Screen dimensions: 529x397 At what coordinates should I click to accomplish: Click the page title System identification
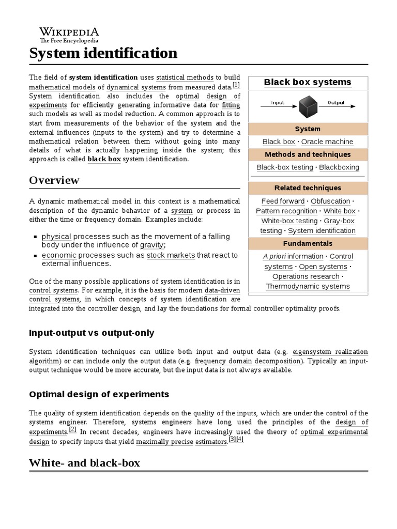pos(103,53)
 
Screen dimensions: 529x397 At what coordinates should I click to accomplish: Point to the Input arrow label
pos(278,102)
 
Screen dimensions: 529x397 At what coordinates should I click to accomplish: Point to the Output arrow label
pos(336,102)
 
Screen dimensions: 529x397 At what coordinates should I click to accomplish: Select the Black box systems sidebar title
pos(308,82)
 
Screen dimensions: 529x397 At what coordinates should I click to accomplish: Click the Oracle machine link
pos(327,142)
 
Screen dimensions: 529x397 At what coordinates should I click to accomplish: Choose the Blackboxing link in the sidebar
pos(339,167)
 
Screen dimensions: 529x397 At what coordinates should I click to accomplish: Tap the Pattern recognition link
pos(286,211)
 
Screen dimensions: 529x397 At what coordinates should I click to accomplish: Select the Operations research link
pos(306,276)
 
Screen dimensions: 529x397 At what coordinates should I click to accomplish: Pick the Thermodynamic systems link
pos(308,286)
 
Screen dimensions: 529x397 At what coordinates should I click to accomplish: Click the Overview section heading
pos(54,180)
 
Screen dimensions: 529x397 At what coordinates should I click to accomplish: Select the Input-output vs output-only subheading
pos(91,333)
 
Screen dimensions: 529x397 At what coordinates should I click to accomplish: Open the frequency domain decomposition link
pos(247,361)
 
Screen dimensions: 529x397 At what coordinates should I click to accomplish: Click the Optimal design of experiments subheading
pos(99,394)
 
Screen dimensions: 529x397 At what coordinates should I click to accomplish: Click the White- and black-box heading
pos(84,463)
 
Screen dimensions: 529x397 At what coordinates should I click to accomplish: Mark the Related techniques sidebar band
pos(308,188)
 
